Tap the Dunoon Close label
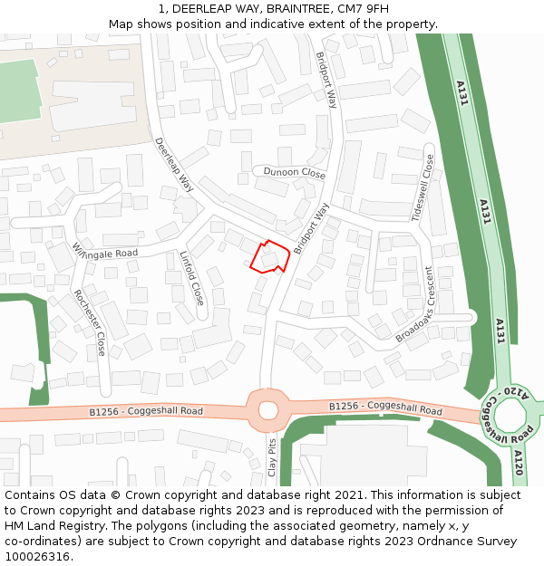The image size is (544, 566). click(x=294, y=172)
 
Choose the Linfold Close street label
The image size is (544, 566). click(x=191, y=277)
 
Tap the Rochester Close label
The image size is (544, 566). click(x=90, y=322)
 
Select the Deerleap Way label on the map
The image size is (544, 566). click(x=174, y=164)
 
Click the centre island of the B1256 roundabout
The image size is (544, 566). click(x=267, y=409)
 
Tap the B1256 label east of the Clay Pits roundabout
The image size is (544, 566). click(x=385, y=408)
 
